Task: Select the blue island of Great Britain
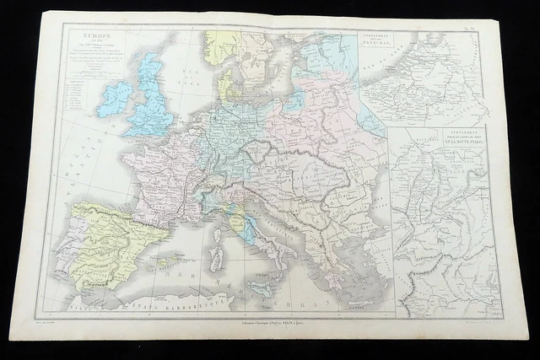click(x=152, y=97)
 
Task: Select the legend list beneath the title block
click(x=85, y=83)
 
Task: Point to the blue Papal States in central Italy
click(x=239, y=221)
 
